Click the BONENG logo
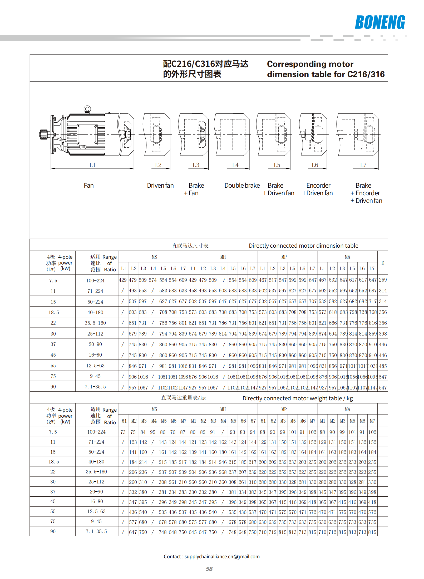pos(380,22)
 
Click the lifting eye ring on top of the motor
pos(87,109)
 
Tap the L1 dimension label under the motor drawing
pos(92,165)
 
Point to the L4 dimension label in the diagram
pos(235,165)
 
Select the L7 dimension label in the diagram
pos(363,165)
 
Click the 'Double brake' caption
pos(242,186)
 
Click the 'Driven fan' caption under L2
pos(160,186)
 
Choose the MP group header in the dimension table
pos(284,257)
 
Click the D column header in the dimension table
pos(383,263)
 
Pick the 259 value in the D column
pos(383,280)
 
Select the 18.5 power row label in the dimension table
pos(54,312)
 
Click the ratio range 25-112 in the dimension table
pos(95,334)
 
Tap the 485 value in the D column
pos(383,366)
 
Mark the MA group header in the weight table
pos(347,409)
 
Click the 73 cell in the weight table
pos(123,432)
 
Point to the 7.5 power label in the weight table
pos(53,432)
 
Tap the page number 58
pos(209,569)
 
